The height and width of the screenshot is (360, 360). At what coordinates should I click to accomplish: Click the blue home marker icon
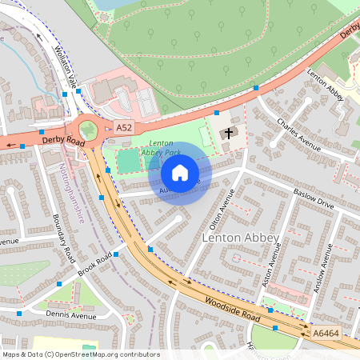[x=180, y=173]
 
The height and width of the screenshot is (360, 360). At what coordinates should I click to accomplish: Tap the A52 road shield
[x=123, y=128]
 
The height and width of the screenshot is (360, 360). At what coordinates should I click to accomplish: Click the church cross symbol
[x=230, y=133]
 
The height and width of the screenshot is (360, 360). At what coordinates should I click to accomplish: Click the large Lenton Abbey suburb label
[x=240, y=238]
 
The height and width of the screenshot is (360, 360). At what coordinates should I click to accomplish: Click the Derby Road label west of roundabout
[x=62, y=140]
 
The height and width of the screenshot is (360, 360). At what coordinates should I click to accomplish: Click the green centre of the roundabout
[x=87, y=129]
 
